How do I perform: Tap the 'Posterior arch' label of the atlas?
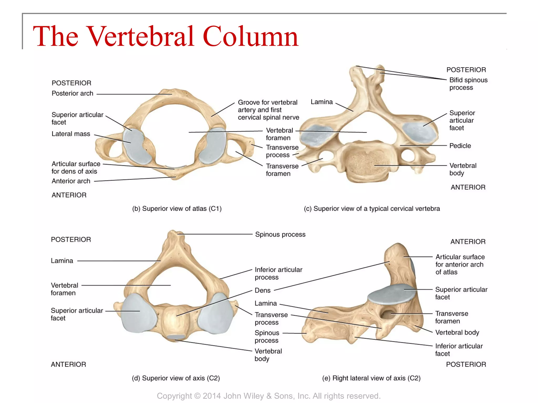point(72,93)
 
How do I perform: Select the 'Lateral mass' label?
point(71,134)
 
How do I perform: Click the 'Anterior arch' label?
point(71,181)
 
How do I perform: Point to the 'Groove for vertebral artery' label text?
point(268,110)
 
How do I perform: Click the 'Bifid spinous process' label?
point(468,84)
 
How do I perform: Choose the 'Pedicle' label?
point(460,146)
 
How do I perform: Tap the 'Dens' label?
point(262,290)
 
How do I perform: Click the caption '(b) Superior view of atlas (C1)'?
point(177,209)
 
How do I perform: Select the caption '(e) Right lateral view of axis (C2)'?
point(371,378)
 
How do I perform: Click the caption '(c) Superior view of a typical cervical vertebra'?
point(372,209)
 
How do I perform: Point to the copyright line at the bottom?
point(268,396)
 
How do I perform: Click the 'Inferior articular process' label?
point(278,273)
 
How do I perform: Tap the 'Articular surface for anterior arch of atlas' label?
point(460,264)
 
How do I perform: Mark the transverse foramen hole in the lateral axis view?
point(387,314)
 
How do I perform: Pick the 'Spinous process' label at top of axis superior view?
point(280,234)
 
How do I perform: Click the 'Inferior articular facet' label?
point(459,350)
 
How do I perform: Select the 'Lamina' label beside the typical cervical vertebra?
point(322,102)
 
